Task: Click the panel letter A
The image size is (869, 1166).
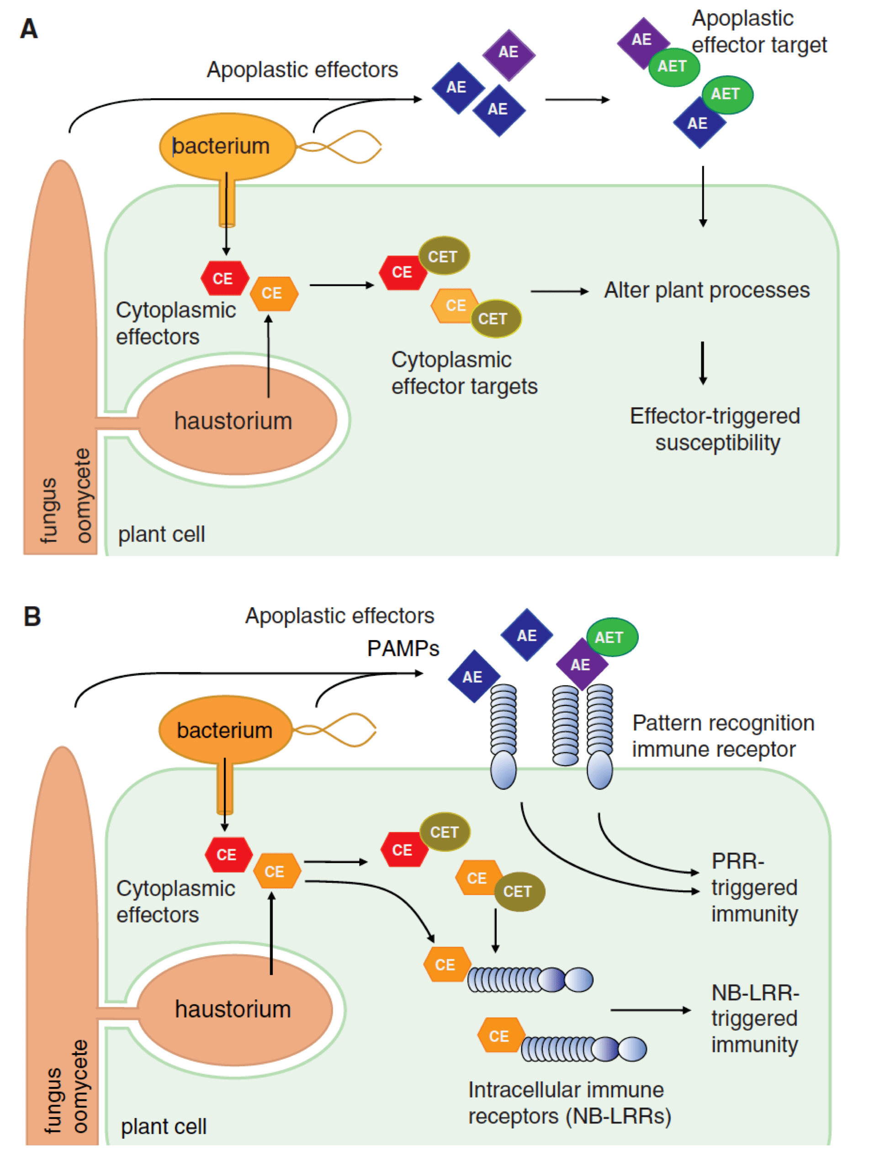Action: pos(29,29)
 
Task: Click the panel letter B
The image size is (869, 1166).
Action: pos(32,616)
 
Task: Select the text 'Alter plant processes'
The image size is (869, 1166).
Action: pos(706,290)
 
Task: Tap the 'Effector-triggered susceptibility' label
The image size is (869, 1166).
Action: pos(715,429)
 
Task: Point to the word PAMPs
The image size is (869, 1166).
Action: pos(403,648)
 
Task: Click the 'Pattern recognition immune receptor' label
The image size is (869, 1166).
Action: pos(723,736)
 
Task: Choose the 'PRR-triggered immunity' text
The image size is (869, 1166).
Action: pos(754,887)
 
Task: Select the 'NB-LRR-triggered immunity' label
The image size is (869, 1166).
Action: pos(755,1018)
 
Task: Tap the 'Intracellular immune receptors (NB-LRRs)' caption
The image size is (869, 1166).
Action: pos(569,1102)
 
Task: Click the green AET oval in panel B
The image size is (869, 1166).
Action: pos(612,637)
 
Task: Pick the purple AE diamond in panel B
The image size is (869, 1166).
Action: pos(581,664)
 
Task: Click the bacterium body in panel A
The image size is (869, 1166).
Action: pos(227,146)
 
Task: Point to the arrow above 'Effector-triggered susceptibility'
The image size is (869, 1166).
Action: pos(703,363)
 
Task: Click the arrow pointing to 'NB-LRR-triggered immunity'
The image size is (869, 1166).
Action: pos(651,1010)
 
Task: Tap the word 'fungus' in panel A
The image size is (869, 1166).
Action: pos(48,510)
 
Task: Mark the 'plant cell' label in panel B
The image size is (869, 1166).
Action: pos(164,1127)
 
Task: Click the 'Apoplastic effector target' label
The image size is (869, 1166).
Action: pos(758,32)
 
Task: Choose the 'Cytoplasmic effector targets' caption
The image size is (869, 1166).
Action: pos(464,373)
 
